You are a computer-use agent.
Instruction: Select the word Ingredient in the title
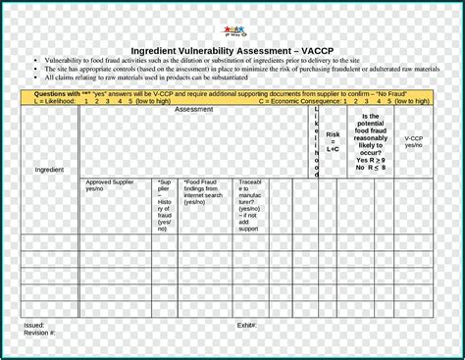click(160, 52)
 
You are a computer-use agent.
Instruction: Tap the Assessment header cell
click(194, 110)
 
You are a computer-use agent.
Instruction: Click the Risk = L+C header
click(334, 142)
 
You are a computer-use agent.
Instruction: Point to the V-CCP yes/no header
click(413, 142)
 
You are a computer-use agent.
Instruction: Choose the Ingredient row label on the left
click(49, 170)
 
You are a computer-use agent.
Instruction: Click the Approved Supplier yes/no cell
click(111, 185)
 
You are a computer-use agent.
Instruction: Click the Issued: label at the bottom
click(34, 325)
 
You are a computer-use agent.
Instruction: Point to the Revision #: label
click(40, 333)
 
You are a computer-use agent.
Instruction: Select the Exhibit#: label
click(246, 325)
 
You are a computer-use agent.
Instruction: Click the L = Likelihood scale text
click(88, 100)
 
